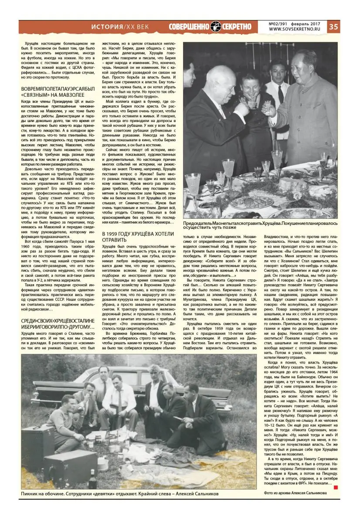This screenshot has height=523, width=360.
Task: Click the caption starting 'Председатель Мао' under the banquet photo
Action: click(260, 224)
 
